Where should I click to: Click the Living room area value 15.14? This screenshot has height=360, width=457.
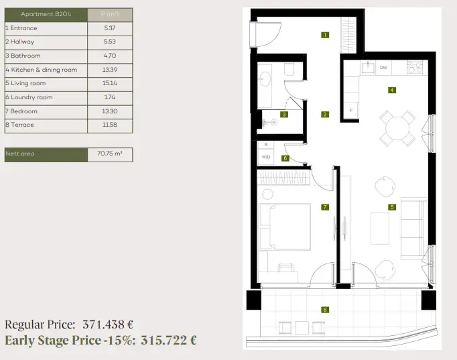click(x=110, y=83)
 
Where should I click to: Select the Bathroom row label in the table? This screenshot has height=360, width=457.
click(x=23, y=56)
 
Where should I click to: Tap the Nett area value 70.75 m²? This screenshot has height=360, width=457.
click(x=110, y=154)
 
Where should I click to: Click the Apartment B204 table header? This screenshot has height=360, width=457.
click(x=46, y=14)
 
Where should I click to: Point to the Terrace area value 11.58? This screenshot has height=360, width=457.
click(x=110, y=125)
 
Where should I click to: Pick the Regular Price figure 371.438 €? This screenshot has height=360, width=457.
click(x=108, y=324)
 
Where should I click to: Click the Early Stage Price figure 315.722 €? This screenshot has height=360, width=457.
click(x=168, y=340)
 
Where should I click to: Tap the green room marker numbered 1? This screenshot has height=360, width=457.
click(x=325, y=35)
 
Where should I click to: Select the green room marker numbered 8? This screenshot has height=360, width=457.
click(x=325, y=310)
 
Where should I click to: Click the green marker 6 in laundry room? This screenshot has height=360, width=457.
click(x=285, y=158)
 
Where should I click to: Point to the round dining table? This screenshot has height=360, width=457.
click(x=397, y=128)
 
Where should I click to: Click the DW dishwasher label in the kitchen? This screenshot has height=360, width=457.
click(x=383, y=68)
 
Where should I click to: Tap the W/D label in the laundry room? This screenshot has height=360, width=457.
click(x=266, y=157)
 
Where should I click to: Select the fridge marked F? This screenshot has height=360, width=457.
click(x=351, y=111)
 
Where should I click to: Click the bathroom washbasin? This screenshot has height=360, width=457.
click(x=265, y=79)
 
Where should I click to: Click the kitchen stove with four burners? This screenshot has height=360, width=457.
click(x=415, y=67)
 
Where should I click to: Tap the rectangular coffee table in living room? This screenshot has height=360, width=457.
click(x=380, y=229)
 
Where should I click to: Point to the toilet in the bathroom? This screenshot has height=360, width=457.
click(x=289, y=69)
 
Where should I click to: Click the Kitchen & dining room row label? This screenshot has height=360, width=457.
click(x=42, y=70)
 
